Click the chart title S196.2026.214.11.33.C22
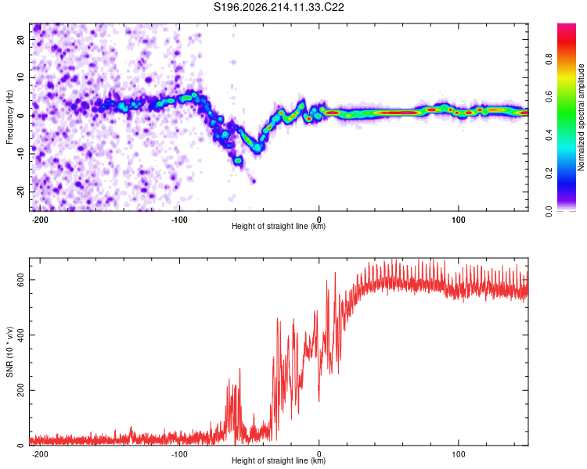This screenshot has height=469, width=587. click(279, 7)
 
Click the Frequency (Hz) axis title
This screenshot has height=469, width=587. click(9, 117)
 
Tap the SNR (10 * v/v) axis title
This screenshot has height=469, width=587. click(9, 352)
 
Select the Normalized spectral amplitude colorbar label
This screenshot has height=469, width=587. click(581, 117)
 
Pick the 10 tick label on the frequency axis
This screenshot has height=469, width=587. click(20, 77)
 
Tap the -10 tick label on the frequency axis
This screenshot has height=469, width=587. click(20, 154)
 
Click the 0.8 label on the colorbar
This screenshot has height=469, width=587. click(549, 59)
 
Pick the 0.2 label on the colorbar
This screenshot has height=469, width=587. click(549, 174)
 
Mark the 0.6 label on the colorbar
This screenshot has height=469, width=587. click(549, 97)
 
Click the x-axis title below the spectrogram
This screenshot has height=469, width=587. click(279, 226)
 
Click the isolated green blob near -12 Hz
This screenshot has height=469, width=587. click(238, 160)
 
